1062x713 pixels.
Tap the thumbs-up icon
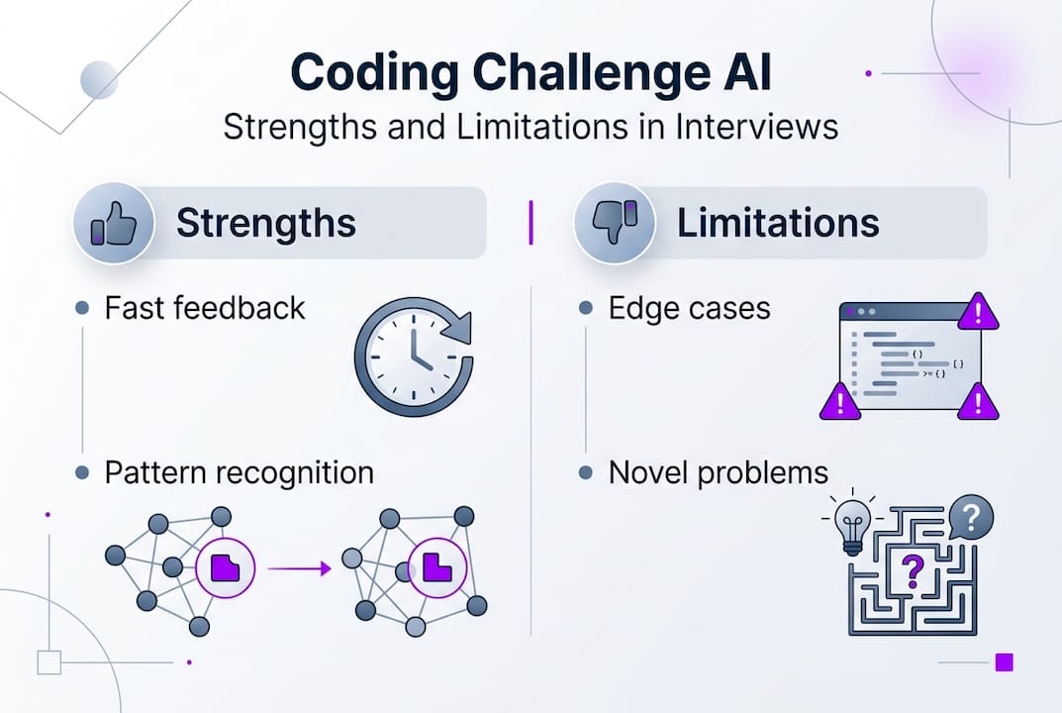(113, 223)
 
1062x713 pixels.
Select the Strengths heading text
(265, 224)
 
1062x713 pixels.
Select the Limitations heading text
(778, 224)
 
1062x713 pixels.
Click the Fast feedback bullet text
(205, 308)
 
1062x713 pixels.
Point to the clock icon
(413, 356)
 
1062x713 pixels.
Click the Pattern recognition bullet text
(239, 472)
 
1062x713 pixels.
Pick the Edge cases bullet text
(689, 308)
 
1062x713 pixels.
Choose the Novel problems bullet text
(718, 472)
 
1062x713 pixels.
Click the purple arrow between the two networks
(299, 568)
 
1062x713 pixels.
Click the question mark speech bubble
(970, 517)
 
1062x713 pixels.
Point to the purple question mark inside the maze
(913, 571)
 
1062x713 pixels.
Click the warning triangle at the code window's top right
(979, 312)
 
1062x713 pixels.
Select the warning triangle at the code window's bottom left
(839, 401)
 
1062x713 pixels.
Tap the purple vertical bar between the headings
(531, 223)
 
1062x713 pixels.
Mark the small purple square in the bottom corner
(1004, 662)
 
